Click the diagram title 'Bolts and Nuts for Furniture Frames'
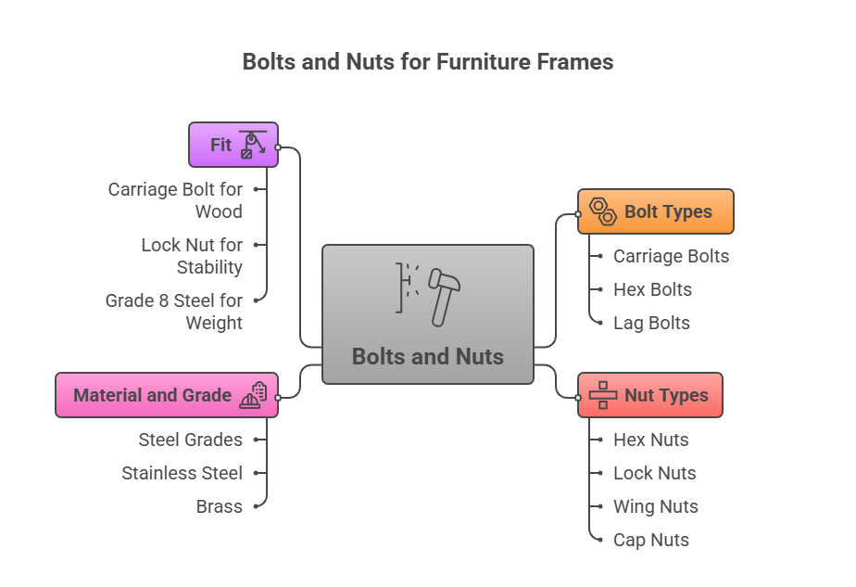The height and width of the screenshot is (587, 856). pyautogui.click(x=427, y=62)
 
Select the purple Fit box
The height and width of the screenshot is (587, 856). pyautogui.click(x=233, y=145)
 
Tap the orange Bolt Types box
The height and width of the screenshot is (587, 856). pyautogui.click(x=655, y=211)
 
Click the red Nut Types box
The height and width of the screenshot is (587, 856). pyautogui.click(x=649, y=395)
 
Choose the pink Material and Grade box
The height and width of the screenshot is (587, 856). pyautogui.click(x=166, y=395)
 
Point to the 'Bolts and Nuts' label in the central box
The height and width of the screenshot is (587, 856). pyautogui.click(x=427, y=356)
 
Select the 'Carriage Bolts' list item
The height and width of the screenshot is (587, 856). pyautogui.click(x=671, y=256)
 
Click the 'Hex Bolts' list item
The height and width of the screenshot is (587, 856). pyautogui.click(x=652, y=289)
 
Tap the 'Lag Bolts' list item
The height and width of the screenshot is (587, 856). pyautogui.click(x=651, y=323)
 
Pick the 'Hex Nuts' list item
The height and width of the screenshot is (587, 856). pyautogui.click(x=650, y=440)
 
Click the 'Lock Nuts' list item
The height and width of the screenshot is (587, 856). pyautogui.click(x=654, y=473)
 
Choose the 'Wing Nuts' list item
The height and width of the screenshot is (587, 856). pyautogui.click(x=655, y=506)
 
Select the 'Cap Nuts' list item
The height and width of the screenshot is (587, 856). pyautogui.click(x=650, y=540)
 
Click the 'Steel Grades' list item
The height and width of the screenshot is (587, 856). pyautogui.click(x=190, y=440)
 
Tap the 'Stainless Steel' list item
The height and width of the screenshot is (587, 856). pyautogui.click(x=182, y=473)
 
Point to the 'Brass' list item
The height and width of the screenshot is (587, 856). pyautogui.click(x=219, y=506)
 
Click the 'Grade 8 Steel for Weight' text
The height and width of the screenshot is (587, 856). pyautogui.click(x=174, y=312)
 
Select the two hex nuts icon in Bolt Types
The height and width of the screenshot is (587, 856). pyautogui.click(x=603, y=211)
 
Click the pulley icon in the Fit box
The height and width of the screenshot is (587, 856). pyautogui.click(x=252, y=145)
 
